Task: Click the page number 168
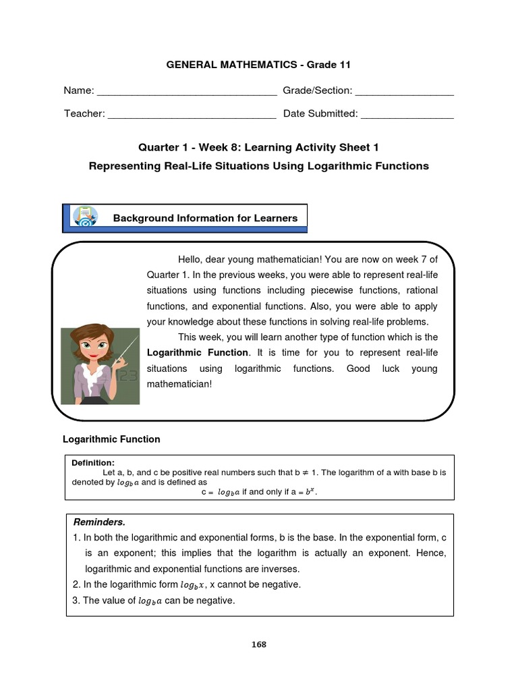point(259,644)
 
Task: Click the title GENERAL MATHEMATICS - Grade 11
point(259,65)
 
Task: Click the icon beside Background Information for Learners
point(86,217)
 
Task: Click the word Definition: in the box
point(93,462)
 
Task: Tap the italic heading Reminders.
point(99,522)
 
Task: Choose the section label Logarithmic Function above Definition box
point(111,439)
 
